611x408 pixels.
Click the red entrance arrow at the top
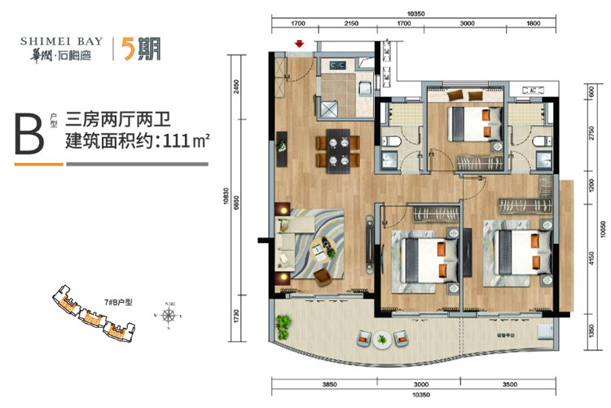(300, 44)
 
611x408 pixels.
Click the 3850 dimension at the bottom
(329, 384)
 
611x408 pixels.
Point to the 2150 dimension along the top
(351, 24)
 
